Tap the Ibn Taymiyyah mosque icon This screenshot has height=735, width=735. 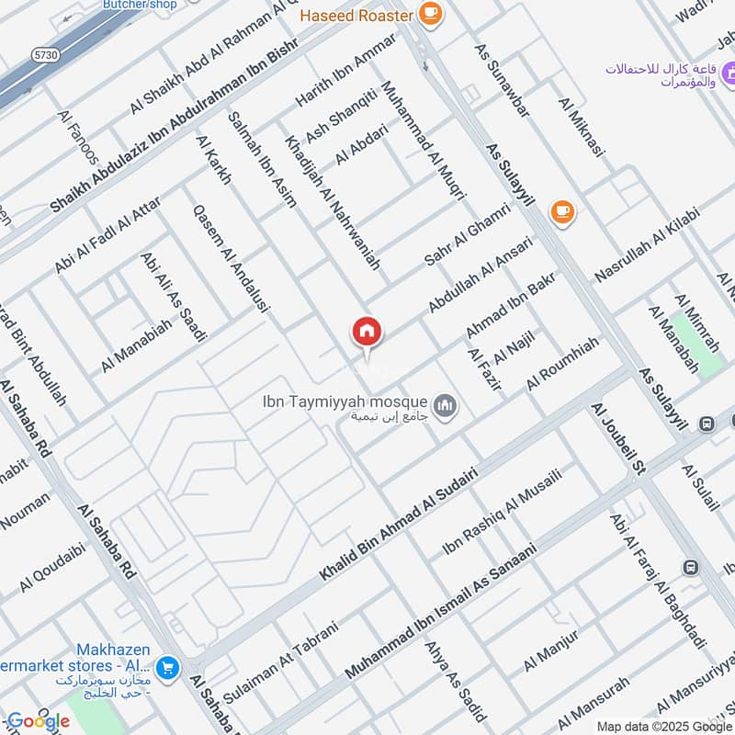click(446, 405)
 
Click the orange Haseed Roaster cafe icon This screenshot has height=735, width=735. click(429, 13)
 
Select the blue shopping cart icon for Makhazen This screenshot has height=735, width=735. click(167, 668)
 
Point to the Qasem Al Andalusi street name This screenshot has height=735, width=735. click(230, 260)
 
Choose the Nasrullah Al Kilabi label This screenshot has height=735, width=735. click(647, 244)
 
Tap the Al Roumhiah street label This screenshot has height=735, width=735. click(562, 362)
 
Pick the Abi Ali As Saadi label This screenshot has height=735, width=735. click(172, 297)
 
